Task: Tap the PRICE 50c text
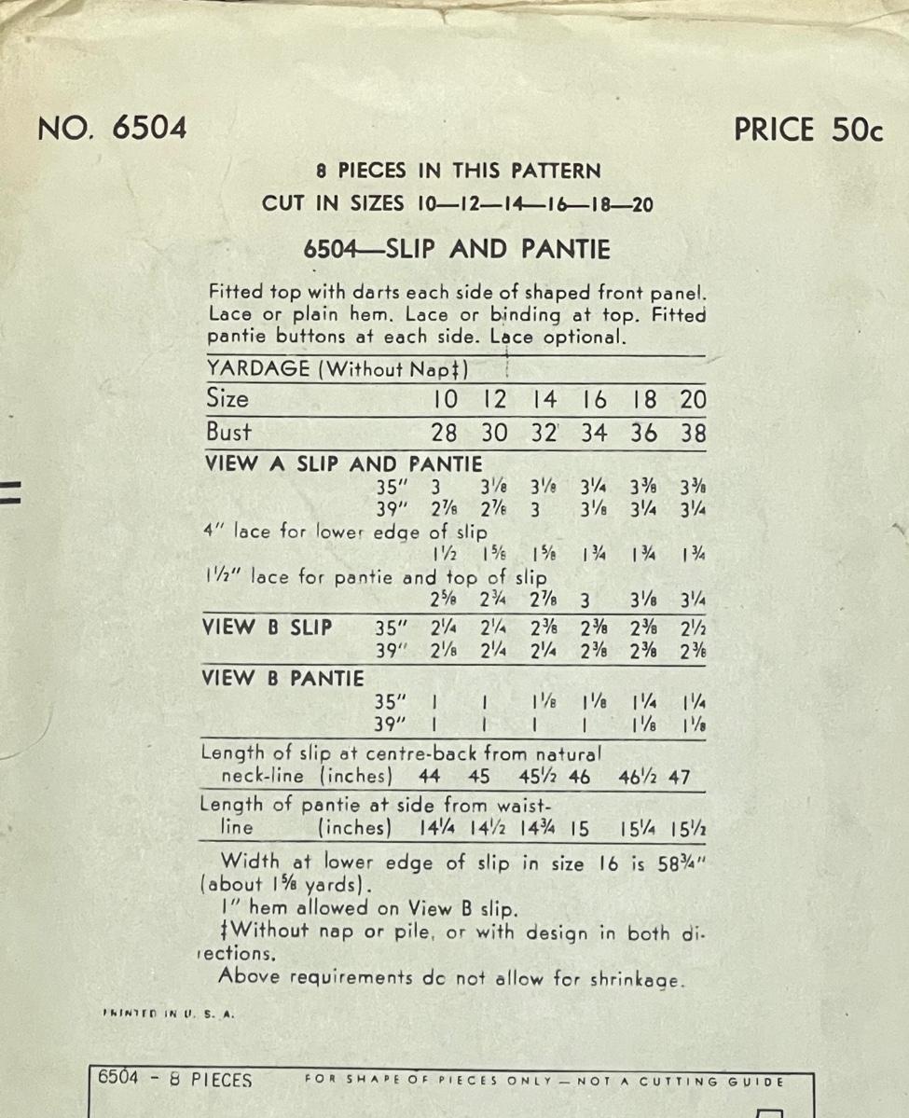point(807,130)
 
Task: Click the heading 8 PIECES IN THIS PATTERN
point(458,171)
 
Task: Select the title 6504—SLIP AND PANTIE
point(457,250)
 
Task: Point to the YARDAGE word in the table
point(257,369)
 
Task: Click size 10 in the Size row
point(446,400)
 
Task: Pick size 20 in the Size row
point(693,400)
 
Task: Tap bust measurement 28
point(446,434)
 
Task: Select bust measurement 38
point(693,434)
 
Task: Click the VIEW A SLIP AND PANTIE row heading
point(342,463)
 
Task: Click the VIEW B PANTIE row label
point(282,679)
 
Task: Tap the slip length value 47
point(680,777)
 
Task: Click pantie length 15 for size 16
point(579,827)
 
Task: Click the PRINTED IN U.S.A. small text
point(167,1014)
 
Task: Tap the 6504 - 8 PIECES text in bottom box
point(175,1081)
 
